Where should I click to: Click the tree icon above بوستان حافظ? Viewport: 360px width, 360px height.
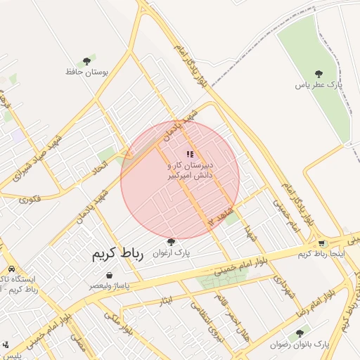coord(86,61)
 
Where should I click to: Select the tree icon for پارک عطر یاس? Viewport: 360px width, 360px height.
coord(319,73)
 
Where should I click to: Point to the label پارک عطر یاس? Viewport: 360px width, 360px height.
coord(319,84)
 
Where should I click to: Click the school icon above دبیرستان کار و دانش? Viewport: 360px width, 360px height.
coord(189,153)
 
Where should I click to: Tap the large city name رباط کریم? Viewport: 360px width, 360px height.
coord(117,255)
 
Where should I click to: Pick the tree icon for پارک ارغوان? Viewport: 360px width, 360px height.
coord(171,241)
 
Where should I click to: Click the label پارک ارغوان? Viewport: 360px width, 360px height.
coord(172,252)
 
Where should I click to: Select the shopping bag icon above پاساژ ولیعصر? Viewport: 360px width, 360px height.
coord(108,275)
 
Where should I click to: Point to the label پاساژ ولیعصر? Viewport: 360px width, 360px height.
coord(109,286)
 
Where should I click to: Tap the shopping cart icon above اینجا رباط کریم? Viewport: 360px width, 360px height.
coord(322,243)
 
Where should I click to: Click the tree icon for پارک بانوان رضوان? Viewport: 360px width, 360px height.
coord(300,333)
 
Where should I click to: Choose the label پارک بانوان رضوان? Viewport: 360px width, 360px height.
coord(300,344)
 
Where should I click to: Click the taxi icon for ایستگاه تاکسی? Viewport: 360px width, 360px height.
coord(12,269)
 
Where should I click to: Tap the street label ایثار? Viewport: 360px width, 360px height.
coord(166,301)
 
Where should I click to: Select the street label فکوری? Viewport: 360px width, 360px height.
coord(31,199)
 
